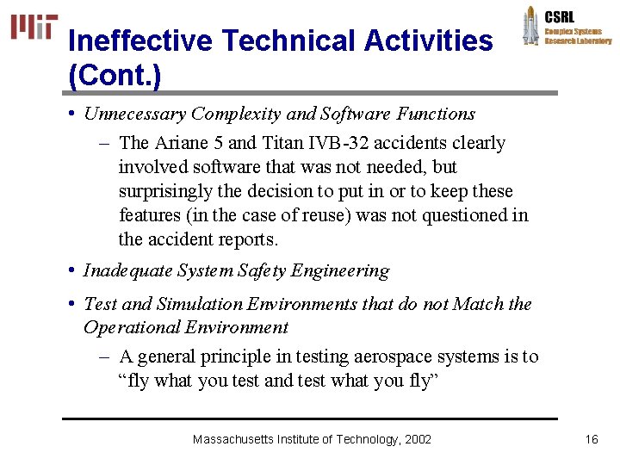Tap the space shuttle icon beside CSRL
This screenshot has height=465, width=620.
(530, 26)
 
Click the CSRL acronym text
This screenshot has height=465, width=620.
(560, 16)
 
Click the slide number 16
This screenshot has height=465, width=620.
(591, 439)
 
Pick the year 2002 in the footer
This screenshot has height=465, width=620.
(418, 439)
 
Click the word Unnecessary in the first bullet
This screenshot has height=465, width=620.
(136, 114)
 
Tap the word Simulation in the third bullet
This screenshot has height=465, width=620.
(202, 304)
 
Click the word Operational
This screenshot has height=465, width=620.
(127, 327)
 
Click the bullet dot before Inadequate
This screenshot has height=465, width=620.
(72, 271)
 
